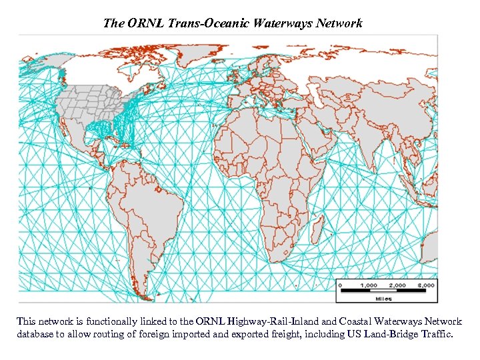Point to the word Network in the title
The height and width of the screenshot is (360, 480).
pos(339,23)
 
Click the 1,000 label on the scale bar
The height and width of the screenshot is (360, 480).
pos(369,285)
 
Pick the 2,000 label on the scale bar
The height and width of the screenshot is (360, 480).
pos(397,285)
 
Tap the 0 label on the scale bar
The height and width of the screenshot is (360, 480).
pos(341,285)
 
